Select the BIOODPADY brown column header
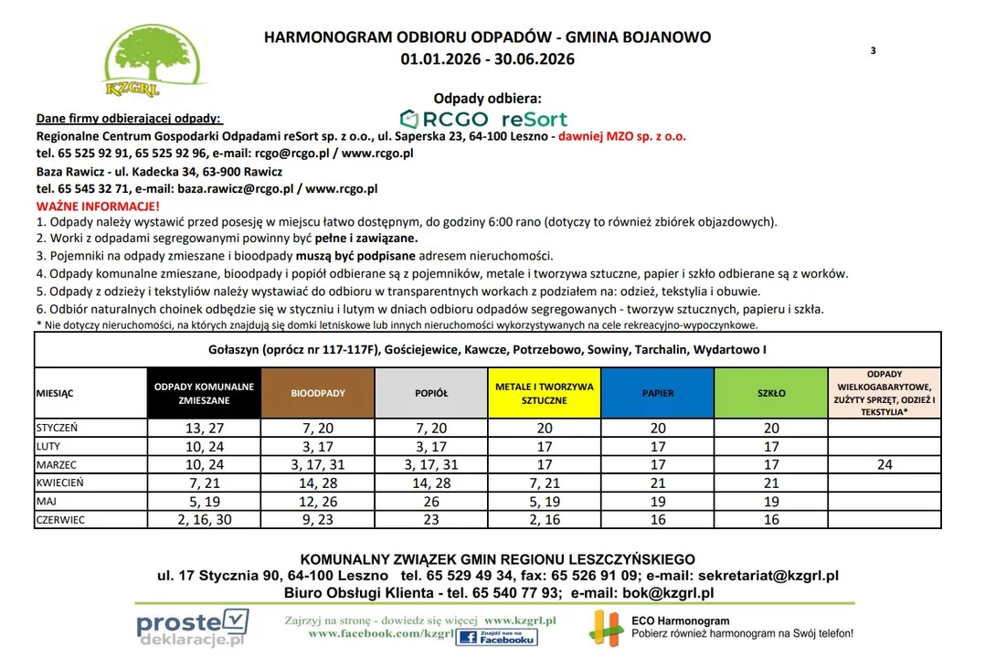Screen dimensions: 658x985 (x=318, y=393)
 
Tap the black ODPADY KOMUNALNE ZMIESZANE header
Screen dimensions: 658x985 (x=205, y=393)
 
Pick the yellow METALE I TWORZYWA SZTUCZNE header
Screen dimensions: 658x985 (x=545, y=393)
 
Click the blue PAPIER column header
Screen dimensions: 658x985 (x=658, y=393)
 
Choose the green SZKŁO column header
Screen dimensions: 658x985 (x=771, y=393)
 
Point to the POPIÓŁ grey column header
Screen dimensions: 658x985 (x=431, y=393)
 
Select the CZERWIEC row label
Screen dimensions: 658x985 (x=61, y=519)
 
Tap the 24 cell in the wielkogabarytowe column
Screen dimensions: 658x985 (x=884, y=464)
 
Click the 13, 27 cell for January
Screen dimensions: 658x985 (x=205, y=428)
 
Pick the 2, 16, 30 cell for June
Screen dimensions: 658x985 (x=205, y=519)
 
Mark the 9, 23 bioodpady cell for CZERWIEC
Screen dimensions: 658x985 (x=318, y=519)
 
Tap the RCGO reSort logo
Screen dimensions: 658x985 (x=484, y=119)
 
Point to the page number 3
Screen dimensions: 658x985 (x=873, y=51)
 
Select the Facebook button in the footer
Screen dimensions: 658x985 (x=496, y=637)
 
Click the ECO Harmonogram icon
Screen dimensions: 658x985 (x=607, y=626)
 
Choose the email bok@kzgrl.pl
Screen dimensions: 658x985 (x=667, y=593)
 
